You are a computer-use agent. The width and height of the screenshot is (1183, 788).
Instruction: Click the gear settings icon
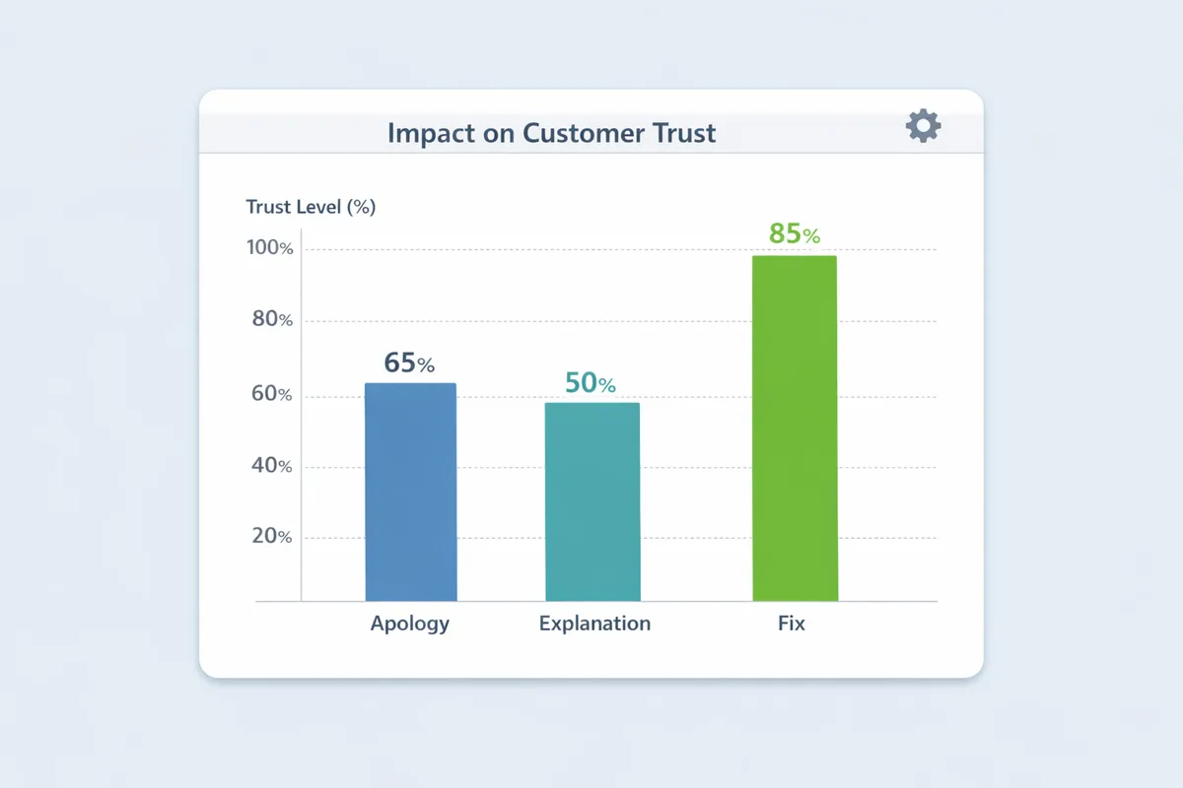click(923, 126)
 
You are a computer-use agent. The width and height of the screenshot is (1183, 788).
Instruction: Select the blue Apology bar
click(411, 492)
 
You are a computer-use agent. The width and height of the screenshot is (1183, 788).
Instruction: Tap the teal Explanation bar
click(592, 501)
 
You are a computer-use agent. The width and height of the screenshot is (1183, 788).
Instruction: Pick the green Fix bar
click(795, 428)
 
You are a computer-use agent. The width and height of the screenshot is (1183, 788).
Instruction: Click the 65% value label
click(409, 362)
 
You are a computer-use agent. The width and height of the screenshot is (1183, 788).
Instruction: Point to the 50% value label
click(591, 383)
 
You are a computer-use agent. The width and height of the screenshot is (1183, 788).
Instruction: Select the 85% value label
click(794, 234)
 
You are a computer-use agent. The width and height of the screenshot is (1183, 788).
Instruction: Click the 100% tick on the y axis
click(269, 248)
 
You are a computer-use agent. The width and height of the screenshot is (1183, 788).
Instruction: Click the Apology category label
click(410, 624)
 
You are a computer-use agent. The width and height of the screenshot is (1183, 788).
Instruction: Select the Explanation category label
click(594, 624)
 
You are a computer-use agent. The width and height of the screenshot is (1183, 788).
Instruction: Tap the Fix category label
click(791, 624)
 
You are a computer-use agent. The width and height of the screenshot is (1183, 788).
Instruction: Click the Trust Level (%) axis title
click(311, 208)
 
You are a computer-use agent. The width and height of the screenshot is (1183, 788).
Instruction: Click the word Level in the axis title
click(313, 208)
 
